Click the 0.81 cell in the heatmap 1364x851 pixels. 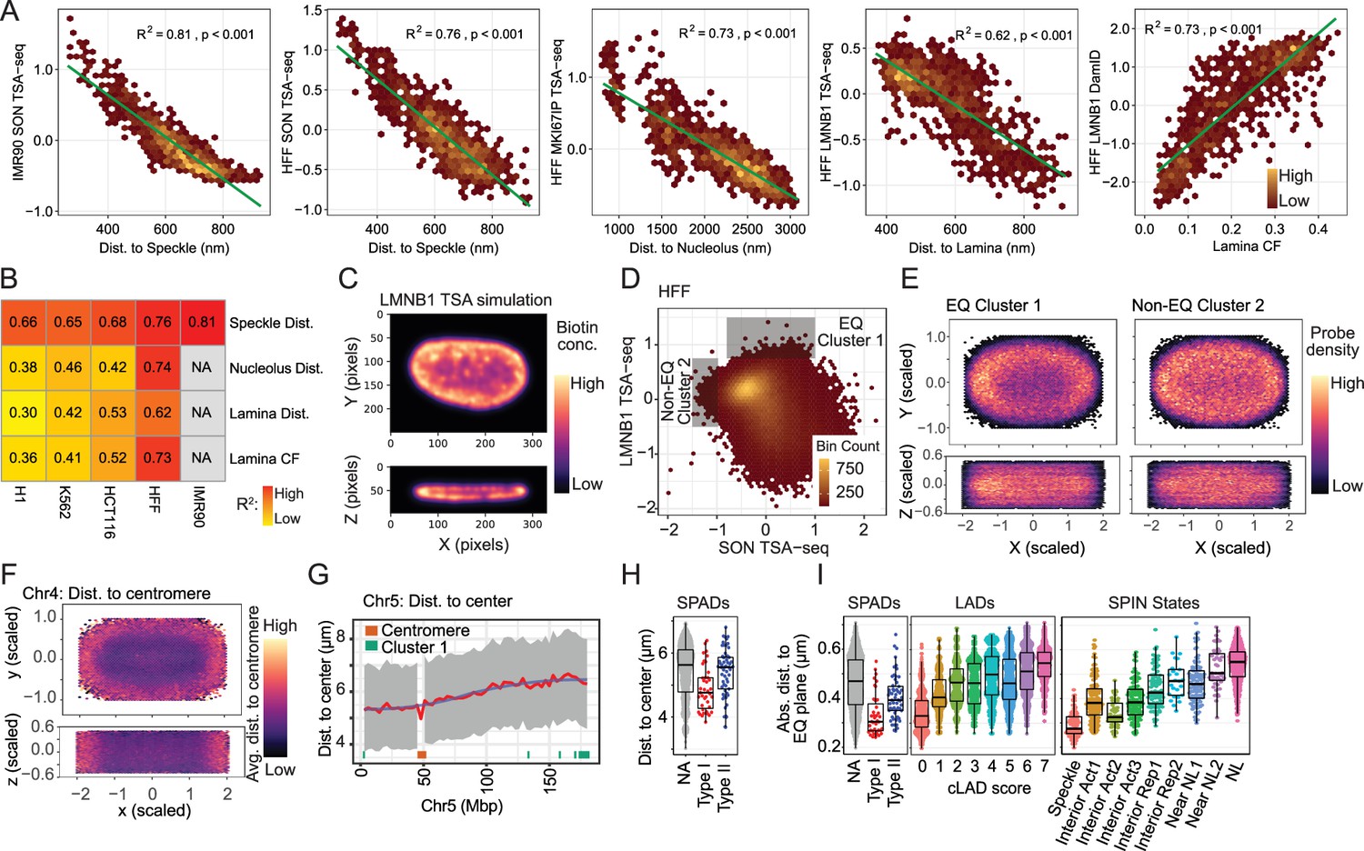tap(203, 322)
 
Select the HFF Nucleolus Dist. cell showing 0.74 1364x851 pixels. tap(157, 367)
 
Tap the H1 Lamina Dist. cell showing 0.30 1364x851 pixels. tap(23, 413)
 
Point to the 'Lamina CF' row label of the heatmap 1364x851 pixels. tap(265, 458)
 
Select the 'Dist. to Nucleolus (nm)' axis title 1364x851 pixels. tap(700, 247)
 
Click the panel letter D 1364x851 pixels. tap(630, 279)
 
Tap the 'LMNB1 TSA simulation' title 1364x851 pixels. tap(466, 300)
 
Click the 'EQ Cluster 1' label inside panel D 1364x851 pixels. tap(850, 332)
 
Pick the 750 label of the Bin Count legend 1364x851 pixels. tap(849, 468)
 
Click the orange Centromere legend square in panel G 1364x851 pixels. tap(372, 631)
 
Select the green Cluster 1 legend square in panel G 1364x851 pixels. tap(372, 646)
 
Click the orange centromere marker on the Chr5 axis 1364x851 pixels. tap(421, 755)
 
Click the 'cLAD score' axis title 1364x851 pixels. tap(989, 788)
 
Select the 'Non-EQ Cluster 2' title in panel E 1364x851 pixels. tap(1199, 305)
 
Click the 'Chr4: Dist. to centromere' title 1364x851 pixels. tap(117, 594)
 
